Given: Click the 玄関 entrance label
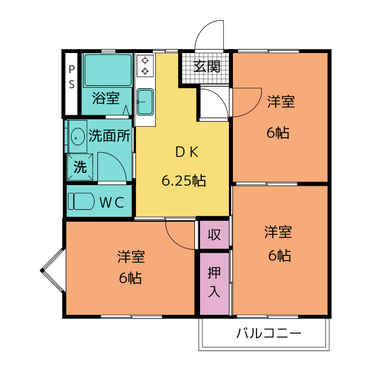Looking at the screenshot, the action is tap(207, 67).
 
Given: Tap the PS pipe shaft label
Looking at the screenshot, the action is tap(71, 77).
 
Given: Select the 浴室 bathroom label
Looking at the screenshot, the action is tap(106, 98).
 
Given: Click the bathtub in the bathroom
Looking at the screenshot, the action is tap(108, 70).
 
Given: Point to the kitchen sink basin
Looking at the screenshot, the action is tap(145, 102).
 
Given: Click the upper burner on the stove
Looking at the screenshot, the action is tap(145, 61).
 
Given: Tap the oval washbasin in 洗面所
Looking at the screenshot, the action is tap(78, 137).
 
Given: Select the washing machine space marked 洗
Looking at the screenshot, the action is tap(80, 167).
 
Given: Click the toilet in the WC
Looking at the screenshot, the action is tap(81, 201).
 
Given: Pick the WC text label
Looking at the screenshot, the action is tap(111, 202).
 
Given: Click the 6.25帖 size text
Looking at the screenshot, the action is tap(183, 180).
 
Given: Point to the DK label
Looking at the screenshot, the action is tap(187, 152).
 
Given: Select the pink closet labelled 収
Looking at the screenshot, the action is tap(214, 235).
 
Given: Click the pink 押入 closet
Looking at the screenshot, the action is tap(214, 284).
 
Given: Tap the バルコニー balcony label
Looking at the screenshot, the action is tap(269, 333).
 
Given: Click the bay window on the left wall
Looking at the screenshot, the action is tap(53, 270).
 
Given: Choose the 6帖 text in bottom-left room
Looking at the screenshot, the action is tap(130, 278).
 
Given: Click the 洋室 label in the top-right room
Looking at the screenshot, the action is tap(281, 101).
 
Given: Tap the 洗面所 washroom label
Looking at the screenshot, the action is tap(109, 135).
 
